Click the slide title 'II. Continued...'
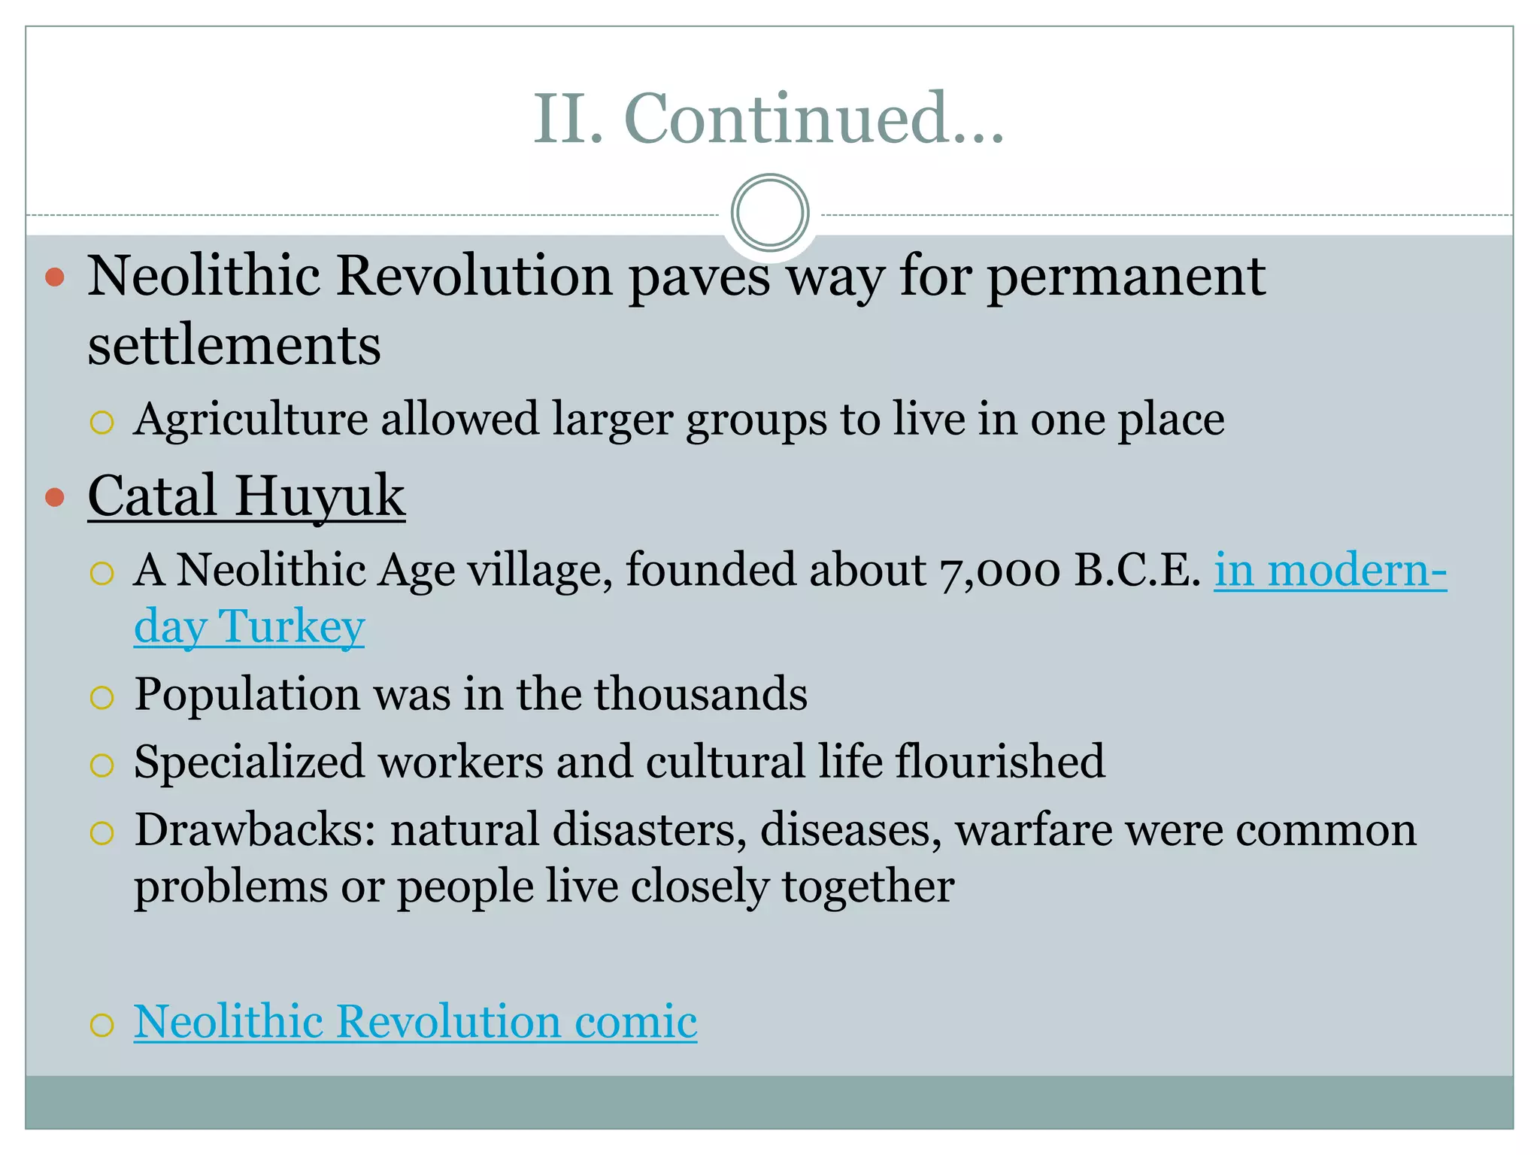tap(768, 119)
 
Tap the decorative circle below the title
tap(769, 213)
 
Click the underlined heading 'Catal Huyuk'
tap(247, 496)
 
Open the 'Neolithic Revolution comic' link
tap(415, 1022)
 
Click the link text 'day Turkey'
tap(249, 626)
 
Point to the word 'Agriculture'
tap(251, 419)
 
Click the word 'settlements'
tap(234, 346)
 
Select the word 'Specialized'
tap(249, 762)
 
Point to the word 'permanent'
tap(1126, 277)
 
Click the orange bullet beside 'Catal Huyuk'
tap(55, 497)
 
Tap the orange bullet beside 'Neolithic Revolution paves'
tap(55, 277)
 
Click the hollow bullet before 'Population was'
tap(102, 698)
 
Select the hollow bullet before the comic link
tap(102, 1025)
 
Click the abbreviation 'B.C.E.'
tap(1137, 570)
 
